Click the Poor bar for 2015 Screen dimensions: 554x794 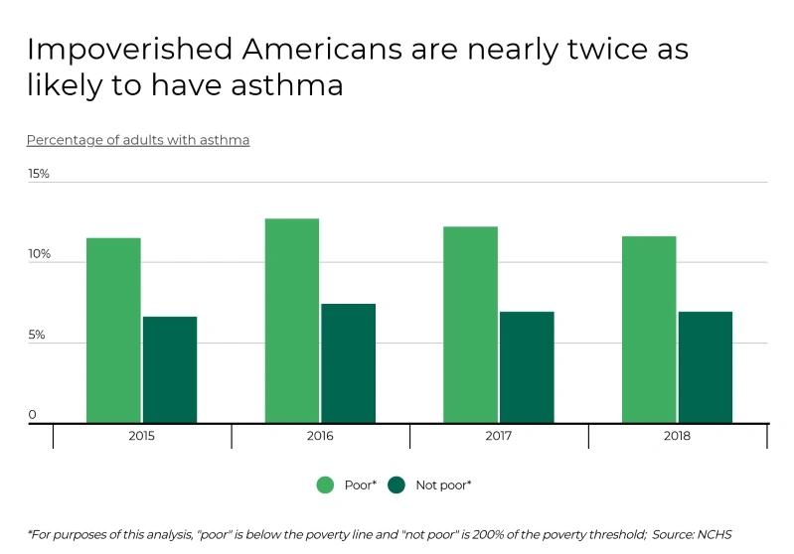click(x=113, y=331)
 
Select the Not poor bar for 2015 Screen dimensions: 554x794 click(x=170, y=369)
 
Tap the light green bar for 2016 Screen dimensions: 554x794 click(x=292, y=321)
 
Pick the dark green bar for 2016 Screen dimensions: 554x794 click(x=348, y=363)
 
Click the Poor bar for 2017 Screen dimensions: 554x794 click(x=470, y=325)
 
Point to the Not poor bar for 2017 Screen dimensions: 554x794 click(x=527, y=367)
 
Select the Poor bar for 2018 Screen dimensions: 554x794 click(x=649, y=330)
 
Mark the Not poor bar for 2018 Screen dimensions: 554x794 click(x=706, y=367)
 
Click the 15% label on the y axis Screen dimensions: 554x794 click(x=38, y=174)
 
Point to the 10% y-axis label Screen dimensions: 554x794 click(x=38, y=254)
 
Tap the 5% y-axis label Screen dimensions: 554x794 click(x=36, y=336)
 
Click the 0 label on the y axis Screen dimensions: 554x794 click(x=32, y=415)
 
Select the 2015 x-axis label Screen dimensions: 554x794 click(x=141, y=436)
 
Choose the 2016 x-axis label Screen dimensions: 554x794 click(x=320, y=436)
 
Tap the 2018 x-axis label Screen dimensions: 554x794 click(x=677, y=436)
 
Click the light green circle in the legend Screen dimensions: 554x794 click(x=325, y=485)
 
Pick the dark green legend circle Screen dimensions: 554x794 click(x=397, y=485)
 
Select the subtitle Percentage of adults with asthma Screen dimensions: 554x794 click(x=138, y=140)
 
